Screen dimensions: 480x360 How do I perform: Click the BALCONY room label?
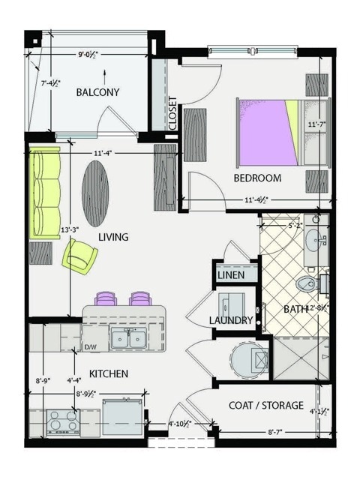pyautogui.click(x=97, y=92)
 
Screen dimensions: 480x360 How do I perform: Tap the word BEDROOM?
pyautogui.click(x=257, y=178)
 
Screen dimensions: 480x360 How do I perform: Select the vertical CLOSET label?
pyautogui.click(x=173, y=113)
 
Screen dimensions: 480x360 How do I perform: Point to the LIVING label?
pyautogui.click(x=113, y=237)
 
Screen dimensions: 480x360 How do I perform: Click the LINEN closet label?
pyautogui.click(x=231, y=276)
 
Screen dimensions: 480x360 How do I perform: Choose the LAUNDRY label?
pyautogui.click(x=230, y=321)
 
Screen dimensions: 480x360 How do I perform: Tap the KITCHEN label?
pyautogui.click(x=109, y=373)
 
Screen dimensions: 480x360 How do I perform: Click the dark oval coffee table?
pyautogui.click(x=95, y=193)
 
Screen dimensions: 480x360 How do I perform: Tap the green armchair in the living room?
pyautogui.click(x=79, y=256)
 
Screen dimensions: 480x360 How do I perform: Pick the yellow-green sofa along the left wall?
pyautogui.click(x=45, y=193)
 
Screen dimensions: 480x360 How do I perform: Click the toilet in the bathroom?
pyautogui.click(x=307, y=284)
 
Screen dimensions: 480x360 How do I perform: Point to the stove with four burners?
pyautogui.click(x=63, y=422)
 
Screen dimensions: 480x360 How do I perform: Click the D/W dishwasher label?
pyautogui.click(x=91, y=347)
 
